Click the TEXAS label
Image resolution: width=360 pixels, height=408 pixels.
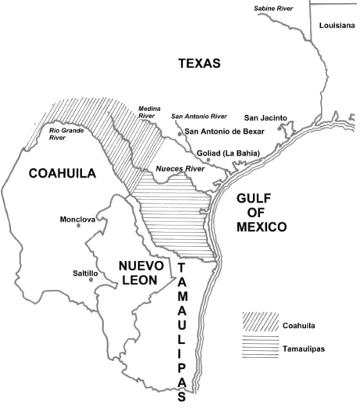(199, 64)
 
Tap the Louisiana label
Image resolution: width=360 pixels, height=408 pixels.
(337, 26)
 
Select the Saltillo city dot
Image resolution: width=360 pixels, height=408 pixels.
(92, 280)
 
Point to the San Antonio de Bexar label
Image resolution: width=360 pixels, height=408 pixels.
(225, 132)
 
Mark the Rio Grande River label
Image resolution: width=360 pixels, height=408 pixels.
(66, 135)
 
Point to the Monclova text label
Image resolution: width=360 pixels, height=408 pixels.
(77, 220)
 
